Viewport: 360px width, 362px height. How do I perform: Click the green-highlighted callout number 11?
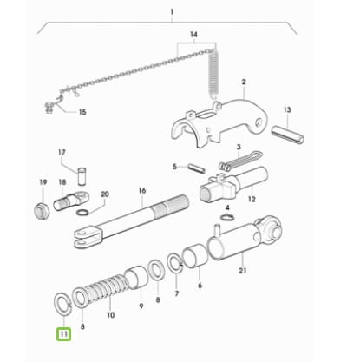64,334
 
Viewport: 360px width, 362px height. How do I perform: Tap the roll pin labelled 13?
288,135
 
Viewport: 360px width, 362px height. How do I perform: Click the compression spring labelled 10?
106,289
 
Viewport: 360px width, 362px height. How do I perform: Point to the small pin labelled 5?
196,168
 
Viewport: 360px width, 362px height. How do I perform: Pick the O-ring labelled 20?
83,213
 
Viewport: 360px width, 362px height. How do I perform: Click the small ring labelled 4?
227,217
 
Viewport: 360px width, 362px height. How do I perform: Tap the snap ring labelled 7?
175,263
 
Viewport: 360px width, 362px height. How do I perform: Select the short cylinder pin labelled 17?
82,176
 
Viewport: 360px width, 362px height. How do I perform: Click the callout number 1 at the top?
172,12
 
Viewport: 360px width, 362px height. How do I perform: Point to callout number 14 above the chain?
193,35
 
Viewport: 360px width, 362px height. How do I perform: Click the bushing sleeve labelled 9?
136,277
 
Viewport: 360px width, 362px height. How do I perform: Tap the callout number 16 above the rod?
142,191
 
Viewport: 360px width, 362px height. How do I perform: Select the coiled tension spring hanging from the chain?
213,75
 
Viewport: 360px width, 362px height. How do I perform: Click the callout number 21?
242,271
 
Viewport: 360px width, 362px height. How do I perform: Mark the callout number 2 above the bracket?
244,82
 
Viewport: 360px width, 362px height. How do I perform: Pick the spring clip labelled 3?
240,161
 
